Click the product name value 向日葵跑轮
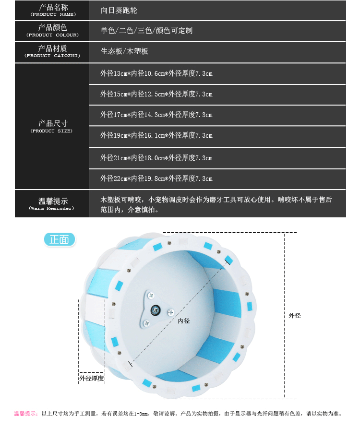[119, 10]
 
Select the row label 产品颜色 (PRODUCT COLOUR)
[52, 31]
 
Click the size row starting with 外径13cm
[156, 74]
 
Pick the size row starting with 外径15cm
[156, 95]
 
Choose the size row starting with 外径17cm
[156, 115]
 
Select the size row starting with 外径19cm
[156, 136]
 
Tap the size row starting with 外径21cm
[156, 158]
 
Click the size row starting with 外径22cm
[156, 178]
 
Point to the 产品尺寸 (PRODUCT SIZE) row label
[52, 126]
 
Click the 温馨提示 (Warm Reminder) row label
[52, 203]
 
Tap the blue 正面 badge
[59, 239]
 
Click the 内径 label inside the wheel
[183, 321]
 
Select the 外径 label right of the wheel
[295, 316]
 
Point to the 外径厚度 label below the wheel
[92, 379]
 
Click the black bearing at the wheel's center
[156, 310]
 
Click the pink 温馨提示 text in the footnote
[26, 413]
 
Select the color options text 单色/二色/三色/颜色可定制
[146, 31]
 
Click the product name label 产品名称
[52, 8]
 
